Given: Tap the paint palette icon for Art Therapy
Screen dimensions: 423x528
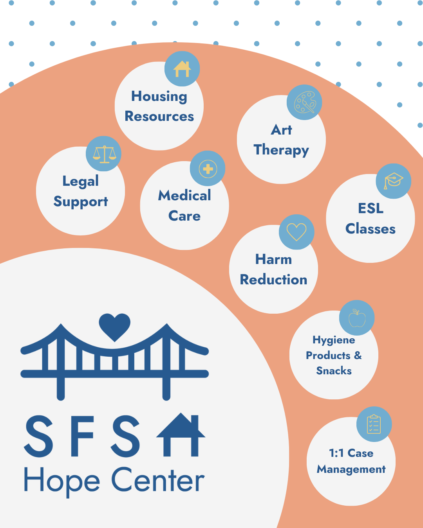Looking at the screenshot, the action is (x=305, y=102).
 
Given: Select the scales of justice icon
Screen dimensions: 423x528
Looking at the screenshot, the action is (x=105, y=154).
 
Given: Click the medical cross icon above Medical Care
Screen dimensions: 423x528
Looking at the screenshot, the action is (x=208, y=169).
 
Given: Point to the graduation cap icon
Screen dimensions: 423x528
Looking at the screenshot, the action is (x=394, y=181).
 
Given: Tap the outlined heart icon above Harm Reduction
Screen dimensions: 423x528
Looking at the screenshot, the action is (x=296, y=232).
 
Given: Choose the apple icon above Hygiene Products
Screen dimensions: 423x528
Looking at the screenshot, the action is (x=357, y=318).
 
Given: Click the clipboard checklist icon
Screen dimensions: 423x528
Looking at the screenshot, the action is (x=374, y=424).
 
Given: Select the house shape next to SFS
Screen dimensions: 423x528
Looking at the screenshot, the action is (x=181, y=435).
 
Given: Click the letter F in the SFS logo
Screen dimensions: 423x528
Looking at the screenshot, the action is (x=82, y=436).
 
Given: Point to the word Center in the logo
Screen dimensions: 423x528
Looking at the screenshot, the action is (x=158, y=480).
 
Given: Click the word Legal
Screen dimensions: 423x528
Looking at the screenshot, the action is (x=81, y=181).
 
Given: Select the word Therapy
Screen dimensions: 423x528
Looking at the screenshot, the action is (x=282, y=150).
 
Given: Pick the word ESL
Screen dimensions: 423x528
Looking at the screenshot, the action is (x=371, y=208).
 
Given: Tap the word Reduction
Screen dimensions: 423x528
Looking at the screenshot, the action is (x=273, y=280).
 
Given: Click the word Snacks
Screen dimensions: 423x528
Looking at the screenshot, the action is (x=334, y=370).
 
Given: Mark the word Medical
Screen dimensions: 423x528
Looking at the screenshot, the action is (x=184, y=195).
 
